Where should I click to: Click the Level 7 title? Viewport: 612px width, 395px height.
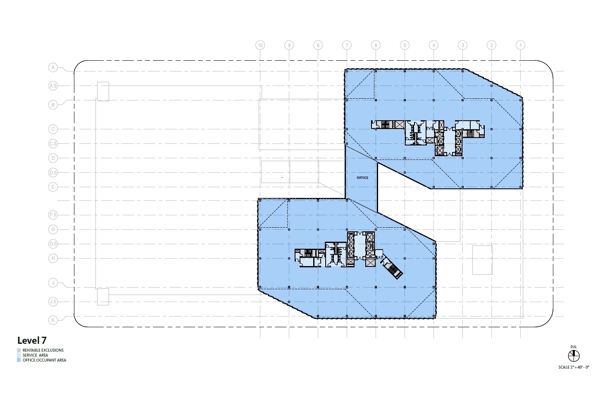32,340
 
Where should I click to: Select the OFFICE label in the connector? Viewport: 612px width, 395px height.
362,178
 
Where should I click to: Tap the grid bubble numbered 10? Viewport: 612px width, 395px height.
260,45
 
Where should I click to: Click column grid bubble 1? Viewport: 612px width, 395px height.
521,45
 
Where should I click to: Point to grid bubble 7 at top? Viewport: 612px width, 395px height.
347,45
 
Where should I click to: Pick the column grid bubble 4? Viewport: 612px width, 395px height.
433,45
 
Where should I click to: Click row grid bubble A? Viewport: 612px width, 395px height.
53,67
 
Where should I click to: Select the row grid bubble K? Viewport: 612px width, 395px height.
53,320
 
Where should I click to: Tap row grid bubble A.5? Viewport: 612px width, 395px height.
53,86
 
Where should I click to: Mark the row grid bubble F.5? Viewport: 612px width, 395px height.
53,215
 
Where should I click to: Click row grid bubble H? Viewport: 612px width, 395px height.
53,258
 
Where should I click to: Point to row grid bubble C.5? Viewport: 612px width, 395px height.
53,144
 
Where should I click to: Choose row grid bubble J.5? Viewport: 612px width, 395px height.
53,302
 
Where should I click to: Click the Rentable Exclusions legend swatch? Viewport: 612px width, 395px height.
19,350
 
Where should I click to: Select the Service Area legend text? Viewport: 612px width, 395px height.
35,355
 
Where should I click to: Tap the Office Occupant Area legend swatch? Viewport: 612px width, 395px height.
19,360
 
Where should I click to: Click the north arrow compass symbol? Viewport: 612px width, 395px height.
574,355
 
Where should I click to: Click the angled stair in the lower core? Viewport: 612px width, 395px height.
393,270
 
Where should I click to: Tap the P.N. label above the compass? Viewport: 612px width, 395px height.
574,347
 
